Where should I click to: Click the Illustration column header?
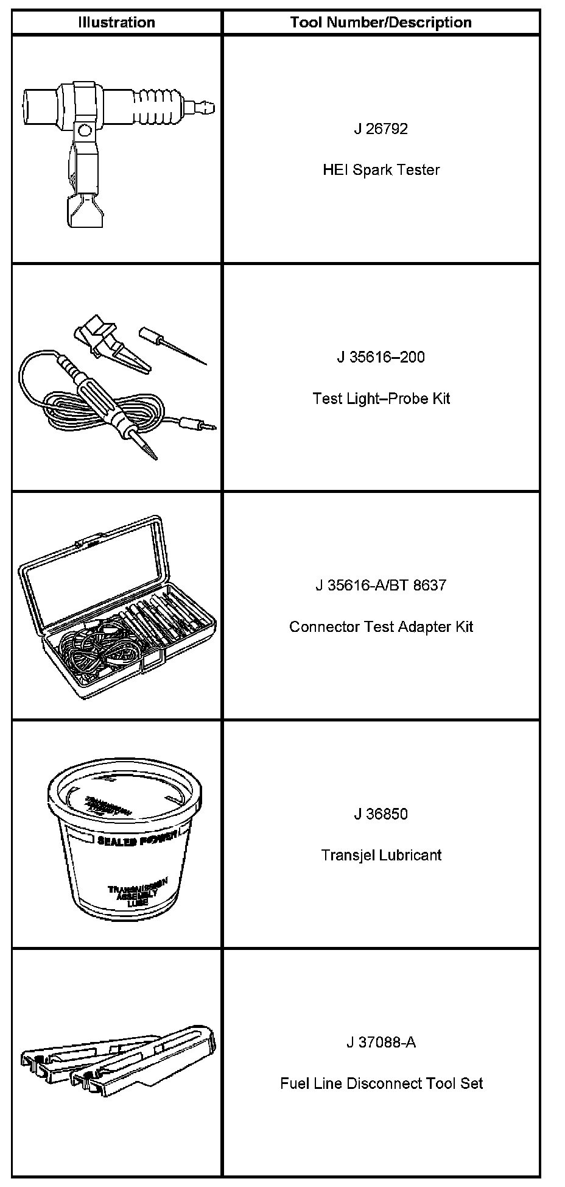tap(116, 23)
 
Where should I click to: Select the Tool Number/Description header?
tap(381, 23)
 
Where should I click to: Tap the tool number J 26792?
tap(381, 129)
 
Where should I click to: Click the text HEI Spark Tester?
tap(381, 170)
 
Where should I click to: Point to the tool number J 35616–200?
tap(381, 357)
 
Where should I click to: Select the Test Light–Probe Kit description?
tap(381, 399)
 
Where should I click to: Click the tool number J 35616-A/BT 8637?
tap(381, 586)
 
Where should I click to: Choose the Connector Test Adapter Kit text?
tap(381, 627)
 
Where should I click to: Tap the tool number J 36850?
tap(381, 814)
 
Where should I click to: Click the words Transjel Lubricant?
tap(381, 855)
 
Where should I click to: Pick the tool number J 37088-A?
tap(381, 1043)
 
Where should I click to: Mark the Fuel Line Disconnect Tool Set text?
tap(381, 1084)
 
